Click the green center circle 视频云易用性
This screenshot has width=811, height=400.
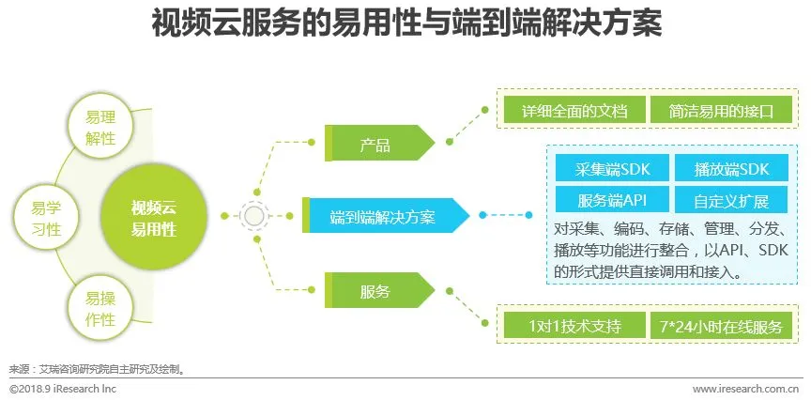[153, 218]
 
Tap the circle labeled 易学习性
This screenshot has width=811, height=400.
[44, 218]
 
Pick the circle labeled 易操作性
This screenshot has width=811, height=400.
[99, 309]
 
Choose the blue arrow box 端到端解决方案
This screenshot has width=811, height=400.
[384, 216]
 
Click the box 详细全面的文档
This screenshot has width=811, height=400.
[574, 110]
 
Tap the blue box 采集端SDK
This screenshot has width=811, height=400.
[610, 169]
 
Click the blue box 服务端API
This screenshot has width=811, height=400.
[610, 199]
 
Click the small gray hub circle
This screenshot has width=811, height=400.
[253, 216]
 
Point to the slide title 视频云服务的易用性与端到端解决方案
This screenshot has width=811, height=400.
[405, 24]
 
